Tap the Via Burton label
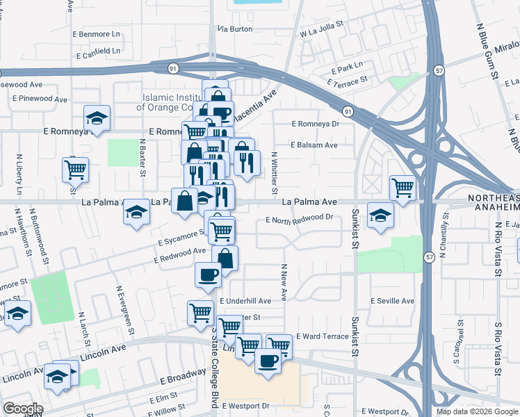pyautogui.click(x=235, y=29)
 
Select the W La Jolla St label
pyautogui.click(x=322, y=28)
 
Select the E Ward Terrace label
pyautogui.click(x=322, y=336)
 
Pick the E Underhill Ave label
pyautogui.click(x=245, y=301)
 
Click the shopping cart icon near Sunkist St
pyautogui.click(x=403, y=186)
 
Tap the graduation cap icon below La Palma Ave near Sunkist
pyautogui.click(x=380, y=215)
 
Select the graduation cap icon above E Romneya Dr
pyautogui.click(x=97, y=117)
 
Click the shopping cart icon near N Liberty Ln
pyautogui.click(x=74, y=167)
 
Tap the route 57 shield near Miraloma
pyautogui.click(x=439, y=70)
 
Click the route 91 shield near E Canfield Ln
pyautogui.click(x=172, y=68)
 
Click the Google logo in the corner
pyautogui.click(x=22, y=409)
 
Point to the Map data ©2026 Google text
pyautogui.click(x=477, y=411)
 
